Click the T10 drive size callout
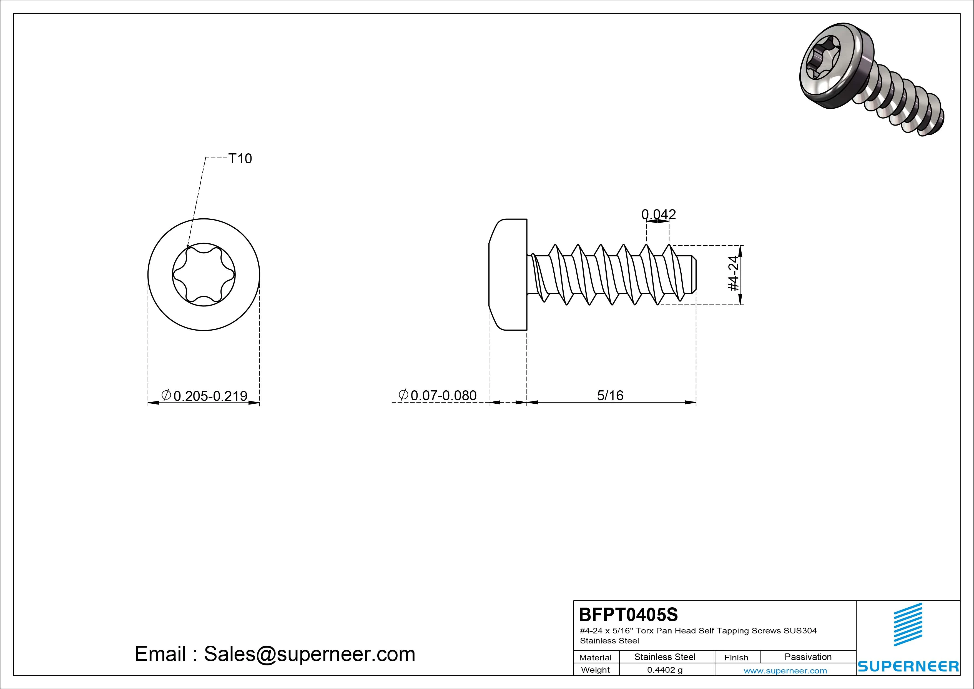240,158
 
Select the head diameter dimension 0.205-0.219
204,396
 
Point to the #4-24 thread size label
734,273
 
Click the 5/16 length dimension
610,395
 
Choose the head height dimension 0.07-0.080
437,395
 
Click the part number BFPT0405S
628,614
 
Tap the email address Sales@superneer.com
309,654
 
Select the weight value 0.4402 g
665,670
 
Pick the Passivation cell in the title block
808,657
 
